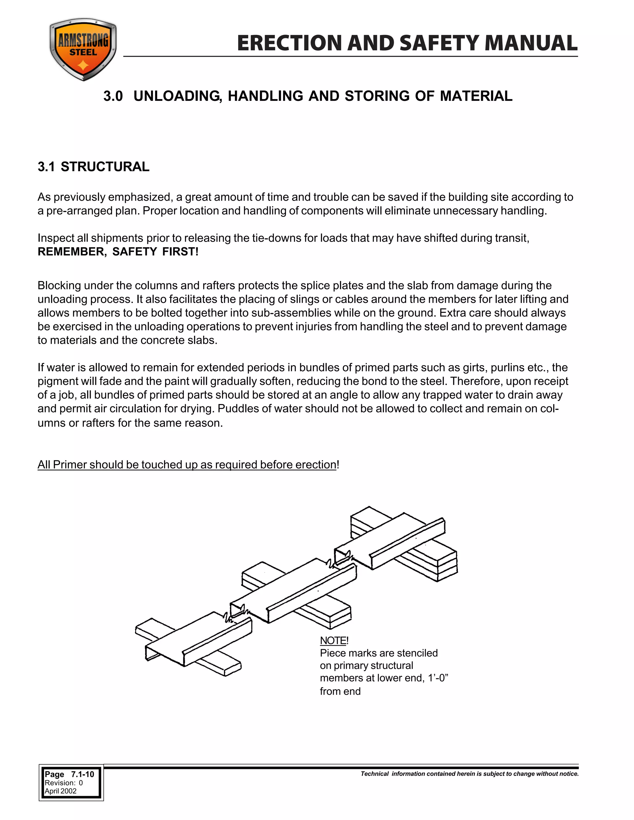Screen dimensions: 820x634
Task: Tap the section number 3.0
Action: tap(113, 96)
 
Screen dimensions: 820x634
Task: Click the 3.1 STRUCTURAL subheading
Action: tap(93, 166)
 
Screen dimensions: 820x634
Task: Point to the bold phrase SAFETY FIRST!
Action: tap(155, 252)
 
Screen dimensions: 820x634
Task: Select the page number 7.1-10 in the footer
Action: tap(83, 774)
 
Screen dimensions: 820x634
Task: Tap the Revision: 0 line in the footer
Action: tap(63, 783)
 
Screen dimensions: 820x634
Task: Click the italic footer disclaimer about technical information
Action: tap(470, 774)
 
